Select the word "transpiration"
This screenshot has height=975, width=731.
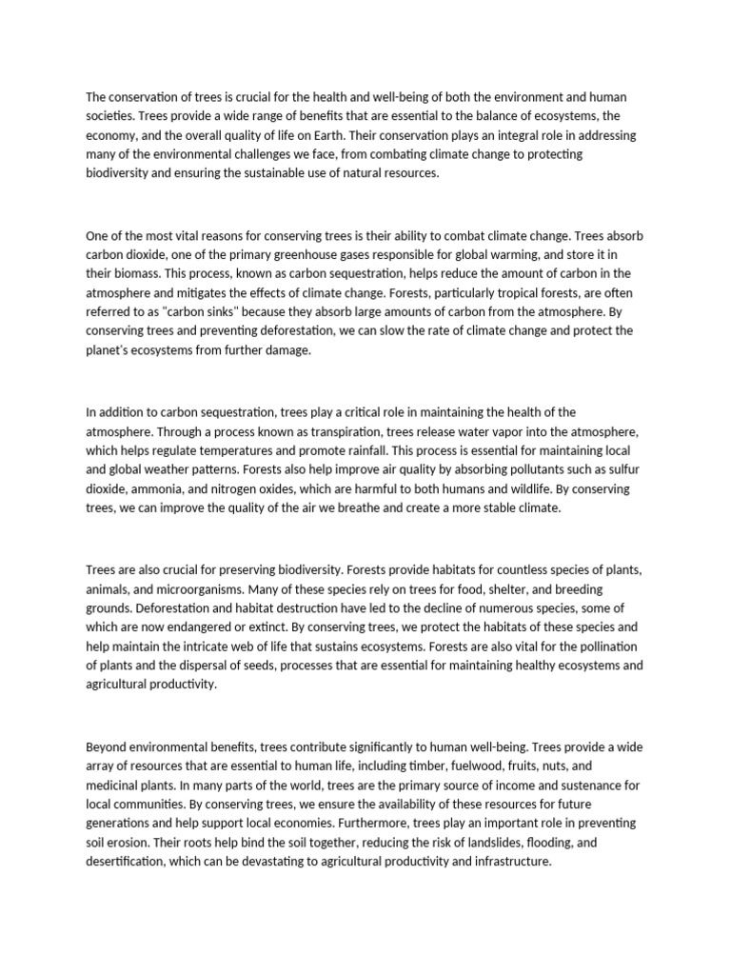tap(292, 430)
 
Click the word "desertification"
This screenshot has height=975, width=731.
tap(127, 862)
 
